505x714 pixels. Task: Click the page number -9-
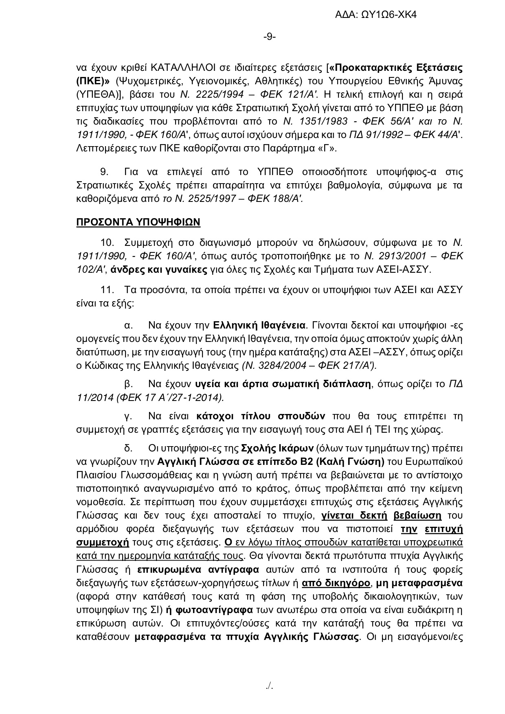269,37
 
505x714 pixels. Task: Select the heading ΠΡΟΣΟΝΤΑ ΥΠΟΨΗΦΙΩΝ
138,222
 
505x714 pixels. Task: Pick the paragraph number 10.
107,243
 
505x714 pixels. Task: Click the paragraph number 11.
107,290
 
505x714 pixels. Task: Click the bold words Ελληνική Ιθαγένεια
259,325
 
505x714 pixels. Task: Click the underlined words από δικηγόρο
336,583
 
